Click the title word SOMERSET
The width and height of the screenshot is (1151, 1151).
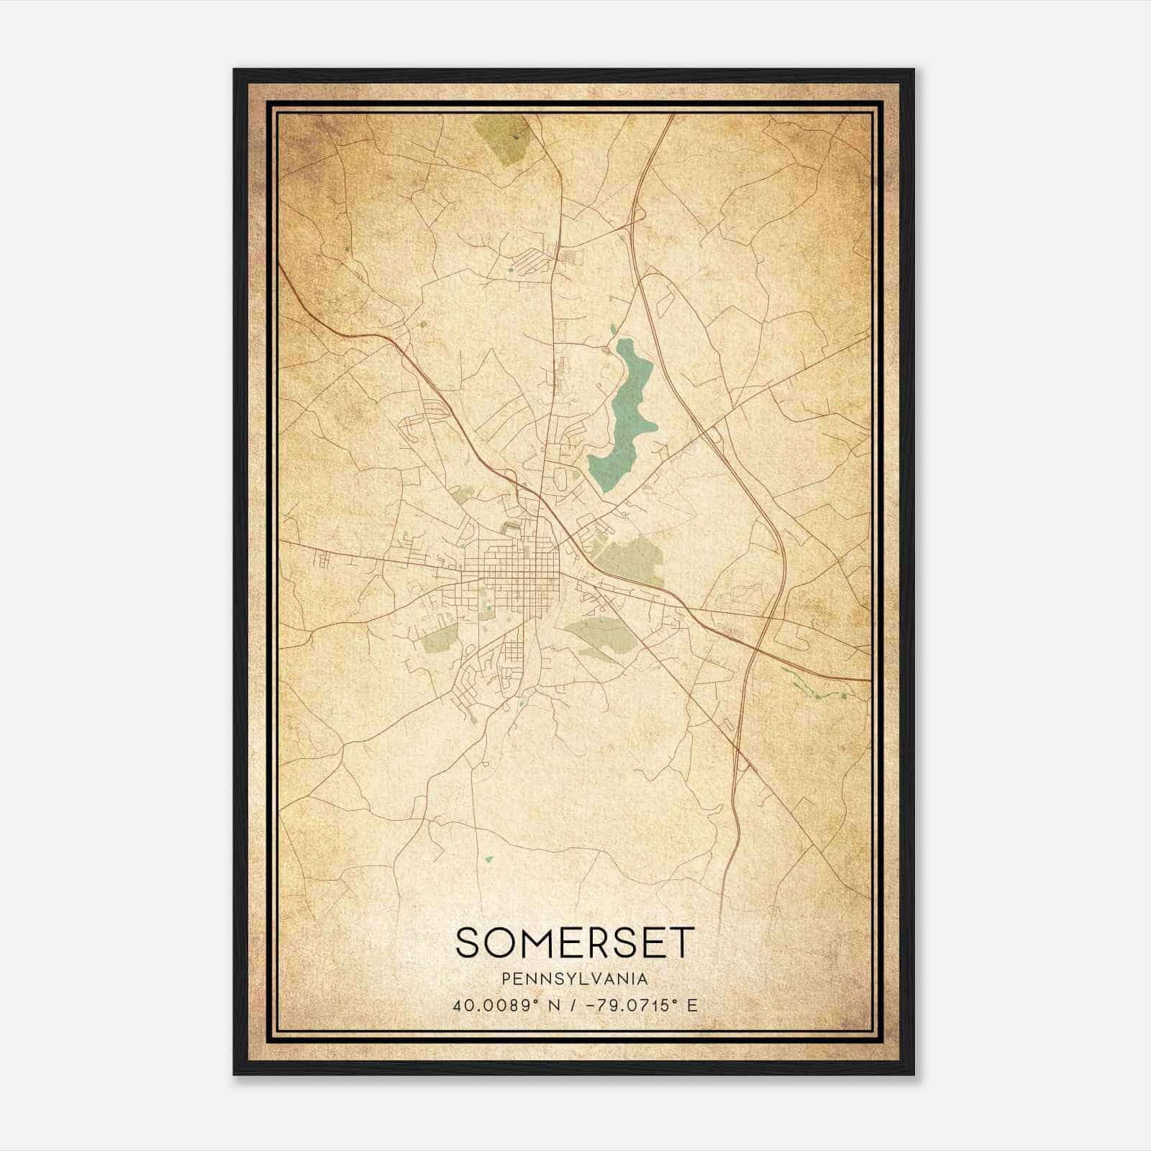(575, 942)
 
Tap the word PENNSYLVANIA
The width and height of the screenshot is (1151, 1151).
(575, 979)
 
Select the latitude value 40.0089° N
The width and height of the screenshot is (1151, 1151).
(500, 1005)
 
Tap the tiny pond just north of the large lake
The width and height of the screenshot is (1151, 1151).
(613, 329)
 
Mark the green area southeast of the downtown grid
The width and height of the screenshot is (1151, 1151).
(603, 637)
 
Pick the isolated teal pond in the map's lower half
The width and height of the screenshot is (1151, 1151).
(489, 858)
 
